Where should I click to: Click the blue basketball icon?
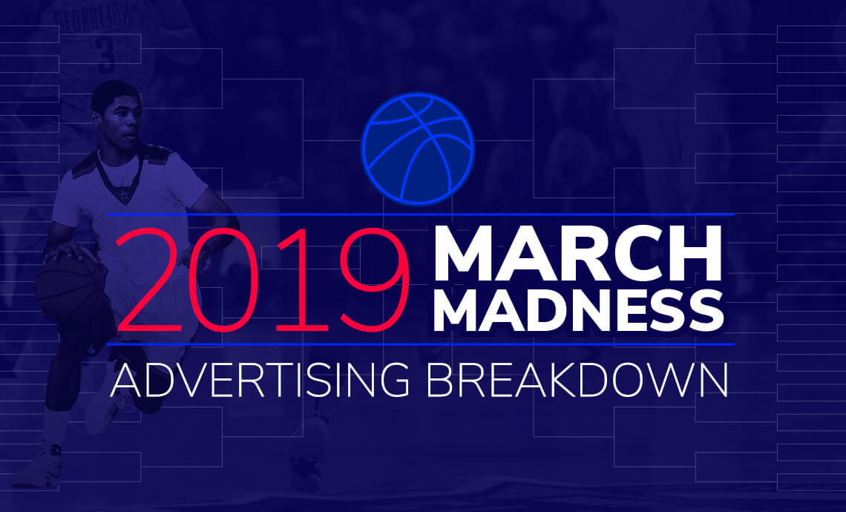tap(417, 148)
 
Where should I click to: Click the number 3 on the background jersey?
tap(106, 56)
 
